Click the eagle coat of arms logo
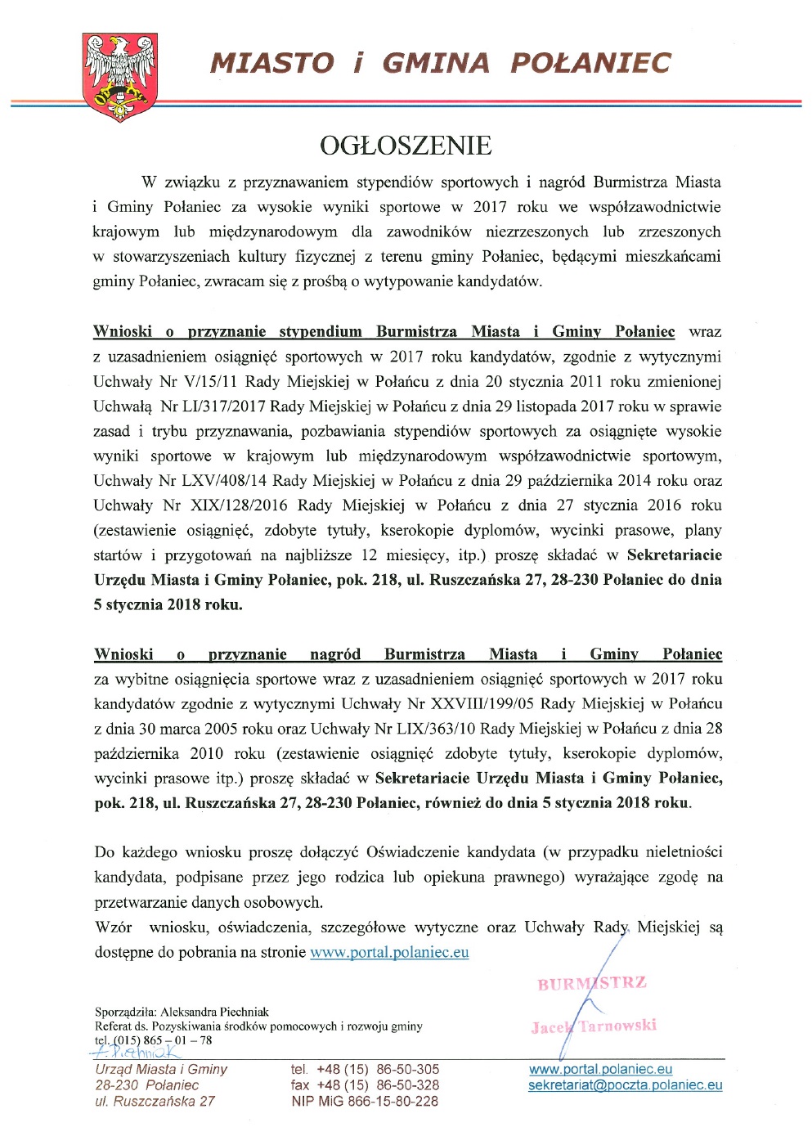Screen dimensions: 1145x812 point(120,77)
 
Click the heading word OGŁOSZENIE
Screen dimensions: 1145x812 point(406,146)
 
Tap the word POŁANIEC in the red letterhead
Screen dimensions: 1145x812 point(590,63)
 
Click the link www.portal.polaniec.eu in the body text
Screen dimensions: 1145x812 point(389,952)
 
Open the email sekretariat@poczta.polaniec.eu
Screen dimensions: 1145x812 point(625,1085)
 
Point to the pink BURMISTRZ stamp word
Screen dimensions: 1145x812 point(591,983)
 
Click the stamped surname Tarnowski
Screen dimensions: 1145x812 point(617,1026)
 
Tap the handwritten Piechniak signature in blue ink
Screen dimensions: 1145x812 point(134,1052)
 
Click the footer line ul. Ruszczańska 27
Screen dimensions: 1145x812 point(155,1101)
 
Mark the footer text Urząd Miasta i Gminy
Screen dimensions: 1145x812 point(161,1069)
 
